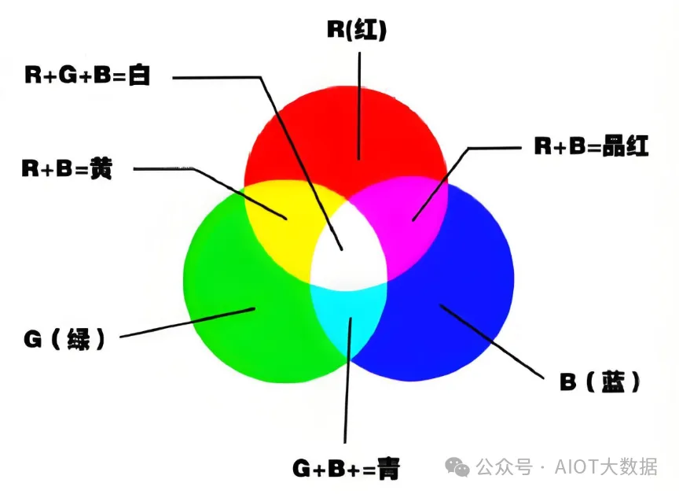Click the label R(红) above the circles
(x=357, y=31)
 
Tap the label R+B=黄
(x=67, y=169)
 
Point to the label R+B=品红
(x=592, y=147)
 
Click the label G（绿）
(x=64, y=340)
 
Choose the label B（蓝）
(x=600, y=383)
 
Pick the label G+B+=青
(x=347, y=469)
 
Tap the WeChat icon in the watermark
(x=457, y=466)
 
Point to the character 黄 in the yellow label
(x=101, y=169)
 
